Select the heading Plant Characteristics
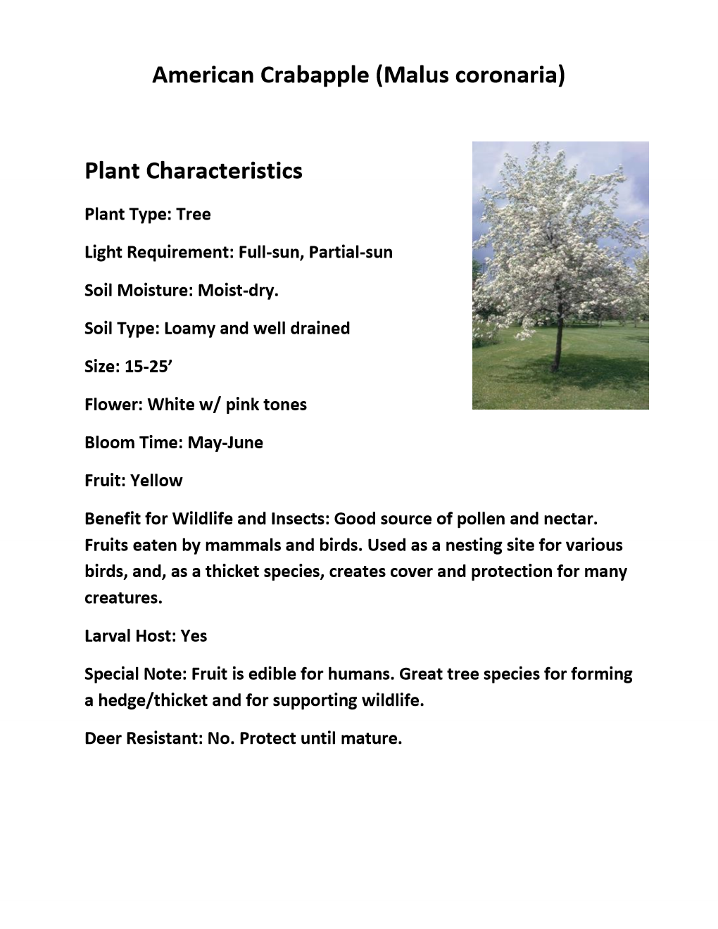point(194,171)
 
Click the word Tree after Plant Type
point(194,214)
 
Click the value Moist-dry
point(239,290)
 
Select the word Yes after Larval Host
point(194,636)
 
